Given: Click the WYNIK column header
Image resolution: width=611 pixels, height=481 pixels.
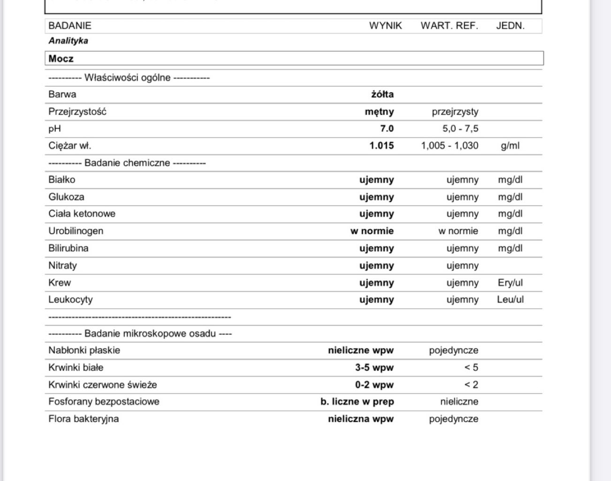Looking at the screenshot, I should (x=385, y=26).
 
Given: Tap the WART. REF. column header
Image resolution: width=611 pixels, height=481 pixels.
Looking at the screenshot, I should (x=449, y=26).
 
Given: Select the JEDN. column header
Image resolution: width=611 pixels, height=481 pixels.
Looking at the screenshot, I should (x=510, y=26).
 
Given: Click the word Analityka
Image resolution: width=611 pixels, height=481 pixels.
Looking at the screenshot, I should (x=68, y=41).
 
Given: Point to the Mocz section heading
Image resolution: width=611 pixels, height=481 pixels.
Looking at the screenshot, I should (x=61, y=59).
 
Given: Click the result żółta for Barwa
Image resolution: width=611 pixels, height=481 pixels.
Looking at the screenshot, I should (x=382, y=94).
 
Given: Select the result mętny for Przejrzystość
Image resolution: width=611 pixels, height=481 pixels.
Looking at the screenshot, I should (x=379, y=112).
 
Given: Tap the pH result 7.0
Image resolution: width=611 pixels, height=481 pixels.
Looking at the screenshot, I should (x=387, y=129).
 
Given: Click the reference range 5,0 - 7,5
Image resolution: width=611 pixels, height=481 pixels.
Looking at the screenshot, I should (x=460, y=129).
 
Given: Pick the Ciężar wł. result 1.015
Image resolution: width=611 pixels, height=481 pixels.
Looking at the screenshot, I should (x=382, y=146).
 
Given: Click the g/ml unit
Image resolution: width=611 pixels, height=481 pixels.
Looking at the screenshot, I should (x=510, y=146).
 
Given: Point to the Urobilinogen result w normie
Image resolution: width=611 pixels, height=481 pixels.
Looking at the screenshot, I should (x=372, y=231).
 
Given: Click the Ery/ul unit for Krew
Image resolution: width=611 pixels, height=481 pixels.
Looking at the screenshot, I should (x=510, y=283).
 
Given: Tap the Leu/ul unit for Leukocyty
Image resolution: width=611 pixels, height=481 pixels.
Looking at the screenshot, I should (x=510, y=300).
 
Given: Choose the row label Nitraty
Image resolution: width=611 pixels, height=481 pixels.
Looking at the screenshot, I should (x=62, y=265).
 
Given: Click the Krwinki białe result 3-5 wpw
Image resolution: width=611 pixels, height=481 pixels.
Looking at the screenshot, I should (x=374, y=368).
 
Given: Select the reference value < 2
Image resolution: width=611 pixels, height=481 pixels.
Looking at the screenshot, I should (x=471, y=385).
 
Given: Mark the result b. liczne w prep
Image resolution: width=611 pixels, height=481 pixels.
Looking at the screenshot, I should (x=357, y=402).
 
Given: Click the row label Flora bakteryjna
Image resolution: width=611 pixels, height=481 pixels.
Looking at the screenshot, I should (x=84, y=419).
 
